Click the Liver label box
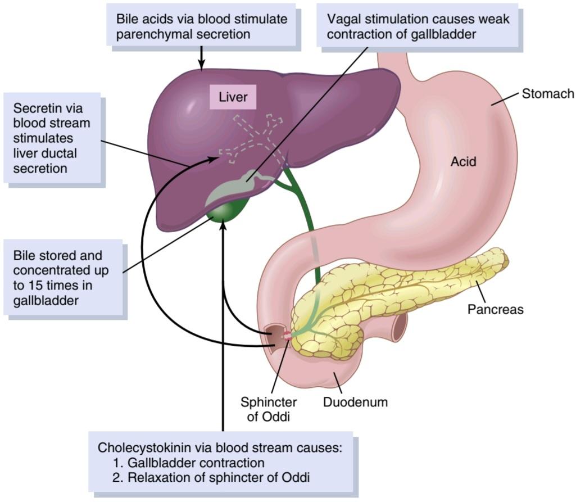(233, 97)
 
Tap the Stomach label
(548, 94)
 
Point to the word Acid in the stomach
(463, 161)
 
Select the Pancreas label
(495, 309)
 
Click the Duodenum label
(355, 402)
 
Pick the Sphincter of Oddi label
(269, 409)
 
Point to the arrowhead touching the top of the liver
(201, 65)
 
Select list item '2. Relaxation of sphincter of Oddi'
(211, 477)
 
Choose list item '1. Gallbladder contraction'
(189, 462)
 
